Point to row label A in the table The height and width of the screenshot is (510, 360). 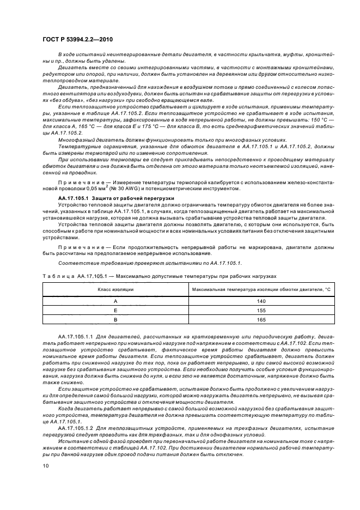115,301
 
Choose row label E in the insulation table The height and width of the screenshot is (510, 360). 115,311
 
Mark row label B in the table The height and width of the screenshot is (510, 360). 115,320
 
